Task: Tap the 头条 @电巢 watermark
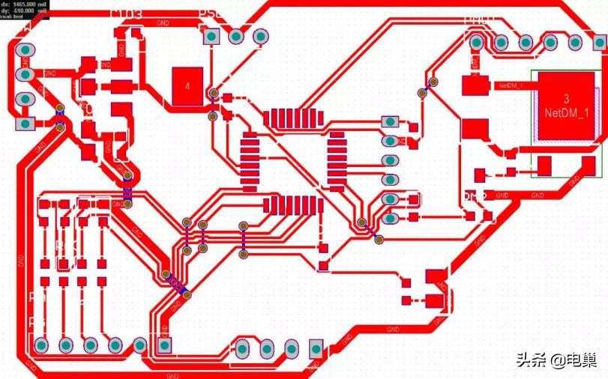(x=556, y=360)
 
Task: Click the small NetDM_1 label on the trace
(x=511, y=86)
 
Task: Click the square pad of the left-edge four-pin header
(x=25, y=123)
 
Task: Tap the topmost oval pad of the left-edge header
(x=25, y=51)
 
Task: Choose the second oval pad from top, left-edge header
(x=25, y=75)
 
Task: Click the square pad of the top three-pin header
(x=212, y=36)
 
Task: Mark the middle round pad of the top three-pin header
(x=236, y=36)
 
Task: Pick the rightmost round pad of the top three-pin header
(x=261, y=36)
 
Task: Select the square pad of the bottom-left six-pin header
(x=164, y=345)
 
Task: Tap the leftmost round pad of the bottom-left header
(x=41, y=345)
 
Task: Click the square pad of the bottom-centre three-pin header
(x=316, y=349)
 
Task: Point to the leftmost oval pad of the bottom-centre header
(x=243, y=349)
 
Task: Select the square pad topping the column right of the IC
(x=389, y=121)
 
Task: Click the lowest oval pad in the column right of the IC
(x=389, y=219)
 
